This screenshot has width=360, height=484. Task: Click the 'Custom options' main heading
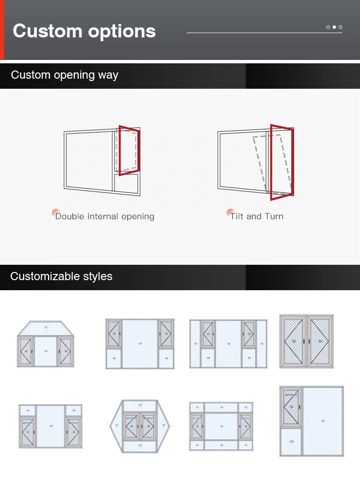84,31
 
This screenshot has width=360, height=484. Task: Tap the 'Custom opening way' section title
64,75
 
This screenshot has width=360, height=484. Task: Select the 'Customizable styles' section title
61,277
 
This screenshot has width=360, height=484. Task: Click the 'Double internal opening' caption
105,216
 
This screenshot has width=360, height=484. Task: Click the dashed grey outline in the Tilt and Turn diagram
259,163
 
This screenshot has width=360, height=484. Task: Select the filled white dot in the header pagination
334,27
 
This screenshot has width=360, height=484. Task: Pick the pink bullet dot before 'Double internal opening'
56,213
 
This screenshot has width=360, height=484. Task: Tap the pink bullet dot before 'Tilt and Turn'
231,213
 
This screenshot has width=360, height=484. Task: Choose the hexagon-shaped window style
140,426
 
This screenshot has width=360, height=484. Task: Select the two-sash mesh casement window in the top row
306,341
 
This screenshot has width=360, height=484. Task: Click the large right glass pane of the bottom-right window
323,421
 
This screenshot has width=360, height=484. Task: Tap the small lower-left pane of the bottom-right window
291,441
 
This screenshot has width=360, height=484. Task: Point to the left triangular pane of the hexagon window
117,425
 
